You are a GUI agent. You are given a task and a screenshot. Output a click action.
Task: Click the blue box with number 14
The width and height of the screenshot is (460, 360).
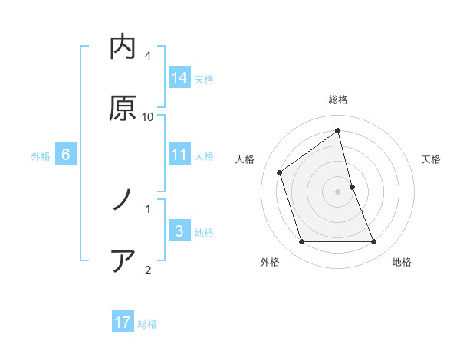click(179, 77)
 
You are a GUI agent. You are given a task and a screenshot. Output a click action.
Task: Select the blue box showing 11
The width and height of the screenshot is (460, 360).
click(179, 155)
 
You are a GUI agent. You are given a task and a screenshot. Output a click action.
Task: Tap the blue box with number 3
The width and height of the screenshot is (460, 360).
click(179, 231)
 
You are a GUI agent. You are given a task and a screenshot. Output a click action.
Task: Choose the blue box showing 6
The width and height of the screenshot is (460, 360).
click(66, 155)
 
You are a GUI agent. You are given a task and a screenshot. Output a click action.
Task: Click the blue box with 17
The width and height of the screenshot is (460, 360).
click(123, 322)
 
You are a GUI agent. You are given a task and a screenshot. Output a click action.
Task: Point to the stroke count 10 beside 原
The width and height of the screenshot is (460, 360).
click(148, 117)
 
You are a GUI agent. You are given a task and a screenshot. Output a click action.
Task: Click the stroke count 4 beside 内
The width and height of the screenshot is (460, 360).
click(148, 57)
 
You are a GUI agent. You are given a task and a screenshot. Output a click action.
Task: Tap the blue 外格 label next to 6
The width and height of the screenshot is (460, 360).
click(41, 155)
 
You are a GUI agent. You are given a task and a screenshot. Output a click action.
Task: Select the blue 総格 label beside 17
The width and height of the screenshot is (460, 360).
click(147, 324)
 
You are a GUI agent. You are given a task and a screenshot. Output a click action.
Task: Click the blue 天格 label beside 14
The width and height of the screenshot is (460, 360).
click(204, 79)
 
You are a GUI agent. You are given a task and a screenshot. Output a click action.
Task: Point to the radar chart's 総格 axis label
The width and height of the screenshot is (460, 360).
click(338, 100)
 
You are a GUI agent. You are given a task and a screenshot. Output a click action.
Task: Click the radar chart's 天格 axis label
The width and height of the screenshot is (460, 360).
click(432, 159)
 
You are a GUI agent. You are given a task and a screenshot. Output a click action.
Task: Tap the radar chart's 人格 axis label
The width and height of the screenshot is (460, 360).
click(245, 159)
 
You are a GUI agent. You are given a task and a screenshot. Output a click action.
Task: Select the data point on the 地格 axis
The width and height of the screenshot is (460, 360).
click(374, 242)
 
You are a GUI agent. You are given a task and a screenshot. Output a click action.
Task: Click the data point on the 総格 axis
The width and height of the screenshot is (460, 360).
click(338, 130)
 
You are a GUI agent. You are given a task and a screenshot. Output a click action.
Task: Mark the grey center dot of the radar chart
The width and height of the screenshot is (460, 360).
click(338, 191)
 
